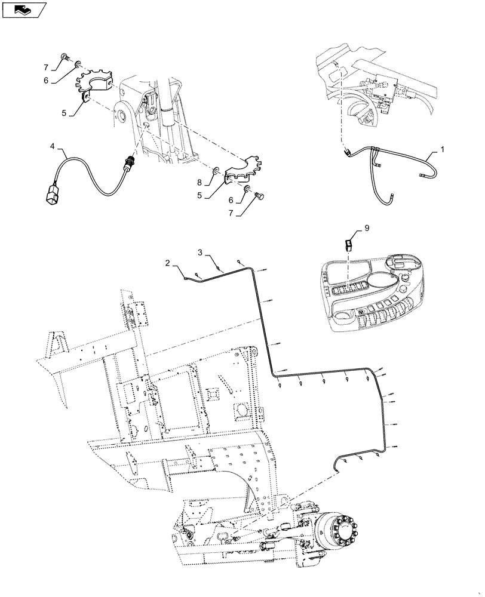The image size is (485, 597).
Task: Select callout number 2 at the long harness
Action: (168, 262)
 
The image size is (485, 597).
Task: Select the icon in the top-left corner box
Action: (23, 9)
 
